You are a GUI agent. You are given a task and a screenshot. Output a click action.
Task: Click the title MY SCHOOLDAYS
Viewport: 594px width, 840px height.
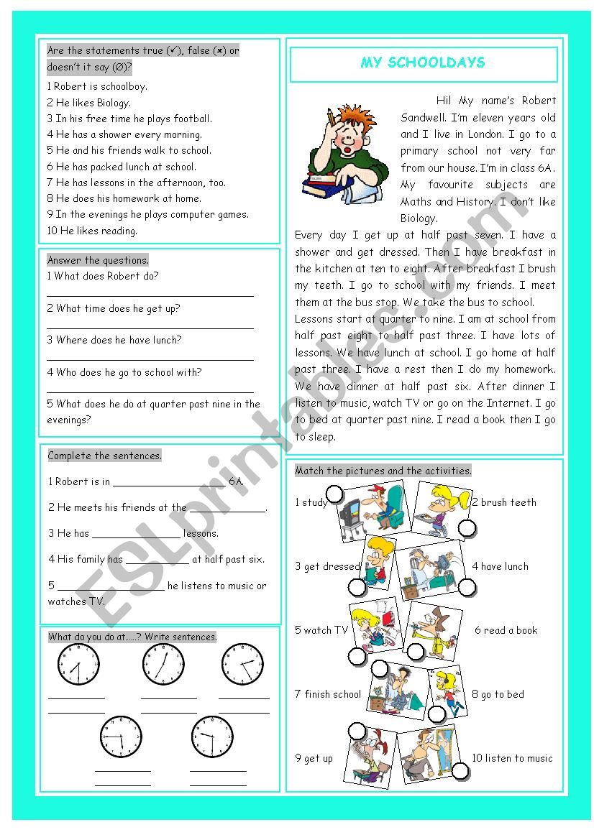click(x=423, y=63)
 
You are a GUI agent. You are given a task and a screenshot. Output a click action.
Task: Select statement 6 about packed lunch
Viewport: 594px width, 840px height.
click(x=121, y=167)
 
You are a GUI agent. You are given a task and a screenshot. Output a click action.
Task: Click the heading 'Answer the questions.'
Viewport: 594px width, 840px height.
click(x=98, y=260)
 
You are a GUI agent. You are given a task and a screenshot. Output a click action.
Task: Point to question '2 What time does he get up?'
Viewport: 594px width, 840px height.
click(x=114, y=308)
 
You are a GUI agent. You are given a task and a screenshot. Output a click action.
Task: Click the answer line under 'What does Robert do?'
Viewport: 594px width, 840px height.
click(x=150, y=293)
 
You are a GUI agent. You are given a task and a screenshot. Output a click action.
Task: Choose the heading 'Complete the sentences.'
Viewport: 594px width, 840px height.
click(x=105, y=456)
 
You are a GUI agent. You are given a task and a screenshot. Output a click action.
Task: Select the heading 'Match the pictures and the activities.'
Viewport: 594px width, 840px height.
click(x=383, y=471)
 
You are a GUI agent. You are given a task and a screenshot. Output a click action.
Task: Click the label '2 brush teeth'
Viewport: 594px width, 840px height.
click(x=504, y=502)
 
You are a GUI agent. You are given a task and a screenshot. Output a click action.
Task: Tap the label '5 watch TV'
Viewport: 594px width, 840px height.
click(x=321, y=630)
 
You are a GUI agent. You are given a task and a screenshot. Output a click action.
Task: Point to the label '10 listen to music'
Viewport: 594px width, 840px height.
click(x=512, y=758)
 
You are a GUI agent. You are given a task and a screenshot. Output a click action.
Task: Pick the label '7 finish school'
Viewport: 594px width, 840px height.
click(x=327, y=694)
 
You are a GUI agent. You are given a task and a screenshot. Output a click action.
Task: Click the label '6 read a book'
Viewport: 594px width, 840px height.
click(x=506, y=630)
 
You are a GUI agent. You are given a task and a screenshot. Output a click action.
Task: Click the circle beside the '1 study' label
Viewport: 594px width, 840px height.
click(x=334, y=494)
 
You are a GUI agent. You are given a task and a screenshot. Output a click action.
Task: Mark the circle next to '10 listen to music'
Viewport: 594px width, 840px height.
click(x=461, y=772)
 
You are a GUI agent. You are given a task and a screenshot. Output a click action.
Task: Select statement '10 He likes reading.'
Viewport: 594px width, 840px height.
click(x=92, y=231)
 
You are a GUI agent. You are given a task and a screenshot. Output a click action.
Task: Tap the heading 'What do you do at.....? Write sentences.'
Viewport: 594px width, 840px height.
click(x=132, y=637)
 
